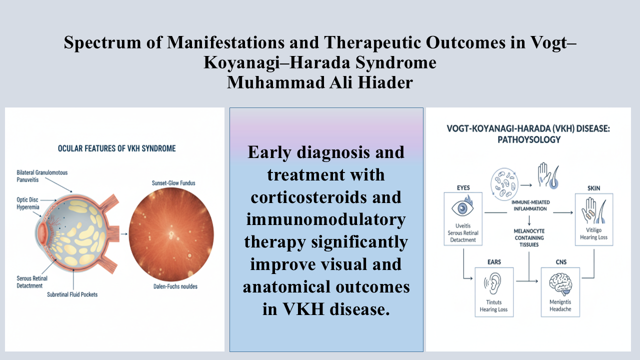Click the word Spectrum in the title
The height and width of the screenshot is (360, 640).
(102, 42)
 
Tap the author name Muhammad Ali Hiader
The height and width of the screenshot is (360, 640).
(319, 82)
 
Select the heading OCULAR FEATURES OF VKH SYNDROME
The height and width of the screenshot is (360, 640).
(117, 148)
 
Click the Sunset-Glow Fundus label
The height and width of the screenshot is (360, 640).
(173, 183)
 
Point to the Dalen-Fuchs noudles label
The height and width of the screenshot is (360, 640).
(175, 286)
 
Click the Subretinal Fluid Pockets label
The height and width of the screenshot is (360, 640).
(72, 294)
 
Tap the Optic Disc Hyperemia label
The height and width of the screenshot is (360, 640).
(27, 203)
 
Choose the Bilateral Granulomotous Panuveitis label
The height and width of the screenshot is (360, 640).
(42, 176)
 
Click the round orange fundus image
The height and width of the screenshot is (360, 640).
(171, 234)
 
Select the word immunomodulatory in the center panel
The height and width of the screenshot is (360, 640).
(326, 219)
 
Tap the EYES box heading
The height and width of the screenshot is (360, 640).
(463, 187)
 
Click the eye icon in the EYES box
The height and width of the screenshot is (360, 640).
(463, 207)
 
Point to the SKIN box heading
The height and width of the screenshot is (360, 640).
(593, 188)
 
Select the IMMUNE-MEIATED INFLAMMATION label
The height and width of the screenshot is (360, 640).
(530, 205)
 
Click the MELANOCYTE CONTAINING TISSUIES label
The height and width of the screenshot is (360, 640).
(529, 237)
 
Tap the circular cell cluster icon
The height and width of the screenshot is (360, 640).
(504, 184)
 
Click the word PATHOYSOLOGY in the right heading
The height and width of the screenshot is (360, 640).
(529, 139)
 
